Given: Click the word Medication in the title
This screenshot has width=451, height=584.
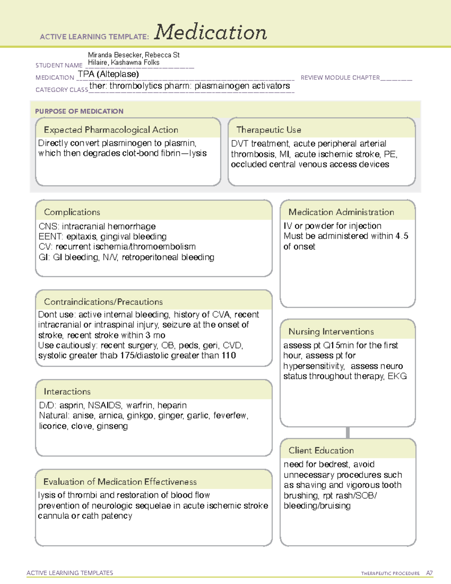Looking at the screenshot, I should [210, 32].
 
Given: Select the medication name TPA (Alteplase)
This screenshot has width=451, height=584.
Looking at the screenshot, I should [108, 74].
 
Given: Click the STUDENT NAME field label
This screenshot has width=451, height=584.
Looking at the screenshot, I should [59, 65].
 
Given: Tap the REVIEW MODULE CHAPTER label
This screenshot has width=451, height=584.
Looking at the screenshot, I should [340, 77].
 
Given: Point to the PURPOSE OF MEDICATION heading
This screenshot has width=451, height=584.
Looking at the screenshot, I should [79, 111].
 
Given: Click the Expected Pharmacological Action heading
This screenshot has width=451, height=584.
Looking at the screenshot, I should [111, 130].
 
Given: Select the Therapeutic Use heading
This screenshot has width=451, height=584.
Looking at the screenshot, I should [268, 130].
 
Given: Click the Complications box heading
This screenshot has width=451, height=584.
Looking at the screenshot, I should [72, 212].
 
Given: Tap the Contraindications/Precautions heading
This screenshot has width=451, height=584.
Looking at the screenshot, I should [103, 302].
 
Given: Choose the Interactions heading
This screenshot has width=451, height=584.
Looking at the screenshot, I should [67, 392].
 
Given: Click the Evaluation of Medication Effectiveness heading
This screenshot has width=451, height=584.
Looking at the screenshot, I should [120, 482].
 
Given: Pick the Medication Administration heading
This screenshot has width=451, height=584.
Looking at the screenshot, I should [341, 212].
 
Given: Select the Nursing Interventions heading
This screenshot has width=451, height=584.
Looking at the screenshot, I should [331, 332].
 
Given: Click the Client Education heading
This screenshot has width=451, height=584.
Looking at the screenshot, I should [321, 451].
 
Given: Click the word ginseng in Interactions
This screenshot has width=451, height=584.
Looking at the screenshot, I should [112, 426].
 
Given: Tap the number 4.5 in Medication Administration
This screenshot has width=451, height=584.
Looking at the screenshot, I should [401, 236].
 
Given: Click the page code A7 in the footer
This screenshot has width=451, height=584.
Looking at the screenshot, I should [429, 573].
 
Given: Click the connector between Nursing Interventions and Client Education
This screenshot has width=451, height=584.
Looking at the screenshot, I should [348, 432].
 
